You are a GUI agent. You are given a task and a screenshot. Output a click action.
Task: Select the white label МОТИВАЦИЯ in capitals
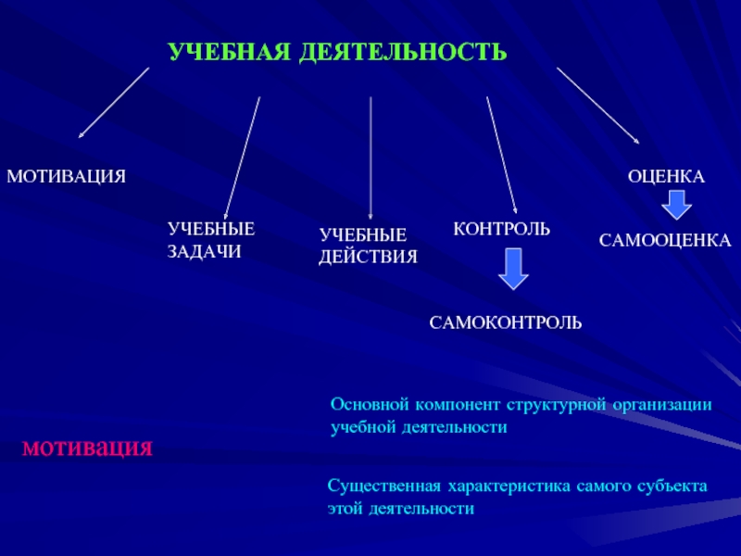coord(66,175)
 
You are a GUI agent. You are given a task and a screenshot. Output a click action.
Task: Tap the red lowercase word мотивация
coord(86,448)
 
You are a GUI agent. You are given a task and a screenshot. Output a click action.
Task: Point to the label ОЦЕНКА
coord(667,175)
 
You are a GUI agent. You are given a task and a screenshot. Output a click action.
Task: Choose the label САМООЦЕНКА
coord(664,241)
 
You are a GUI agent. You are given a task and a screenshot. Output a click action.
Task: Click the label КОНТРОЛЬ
coord(501,228)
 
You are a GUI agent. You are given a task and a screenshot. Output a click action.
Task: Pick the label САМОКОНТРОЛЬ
coord(505,322)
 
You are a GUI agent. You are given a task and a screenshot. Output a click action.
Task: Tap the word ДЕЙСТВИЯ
coord(368,256)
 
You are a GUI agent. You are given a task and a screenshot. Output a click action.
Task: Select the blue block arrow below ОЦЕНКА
coord(676,205)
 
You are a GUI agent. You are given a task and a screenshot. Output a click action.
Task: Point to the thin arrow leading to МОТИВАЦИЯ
coord(113,103)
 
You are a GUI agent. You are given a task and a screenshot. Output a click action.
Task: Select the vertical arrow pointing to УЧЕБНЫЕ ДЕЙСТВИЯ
coord(370,158)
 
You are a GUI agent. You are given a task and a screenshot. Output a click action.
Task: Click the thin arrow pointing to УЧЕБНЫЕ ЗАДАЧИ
coord(243,158)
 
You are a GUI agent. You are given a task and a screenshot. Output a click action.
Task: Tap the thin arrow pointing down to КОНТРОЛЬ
coord(501,153)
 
